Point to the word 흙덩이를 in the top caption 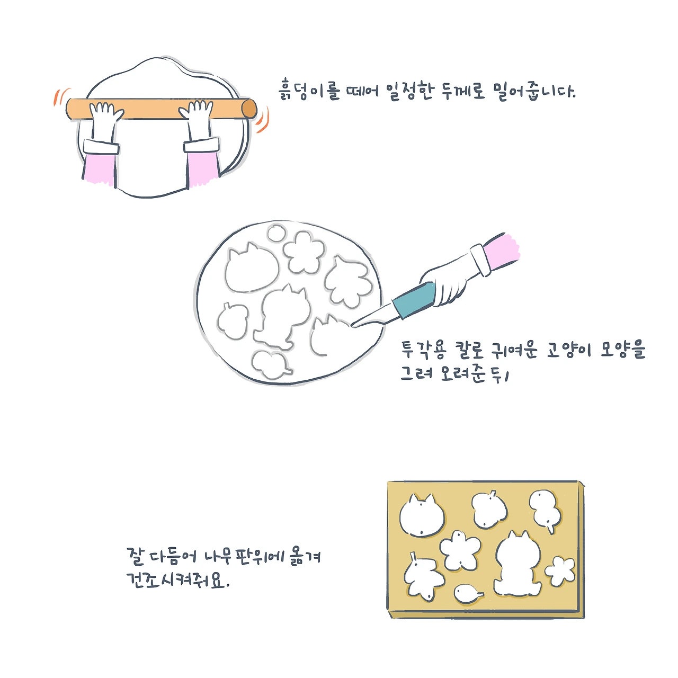[309, 91]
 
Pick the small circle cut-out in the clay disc [277, 233]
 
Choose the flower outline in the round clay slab [304, 252]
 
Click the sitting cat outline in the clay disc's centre [281, 317]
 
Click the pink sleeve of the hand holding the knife [502, 251]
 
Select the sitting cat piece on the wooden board [517, 564]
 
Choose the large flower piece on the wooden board [460, 551]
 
